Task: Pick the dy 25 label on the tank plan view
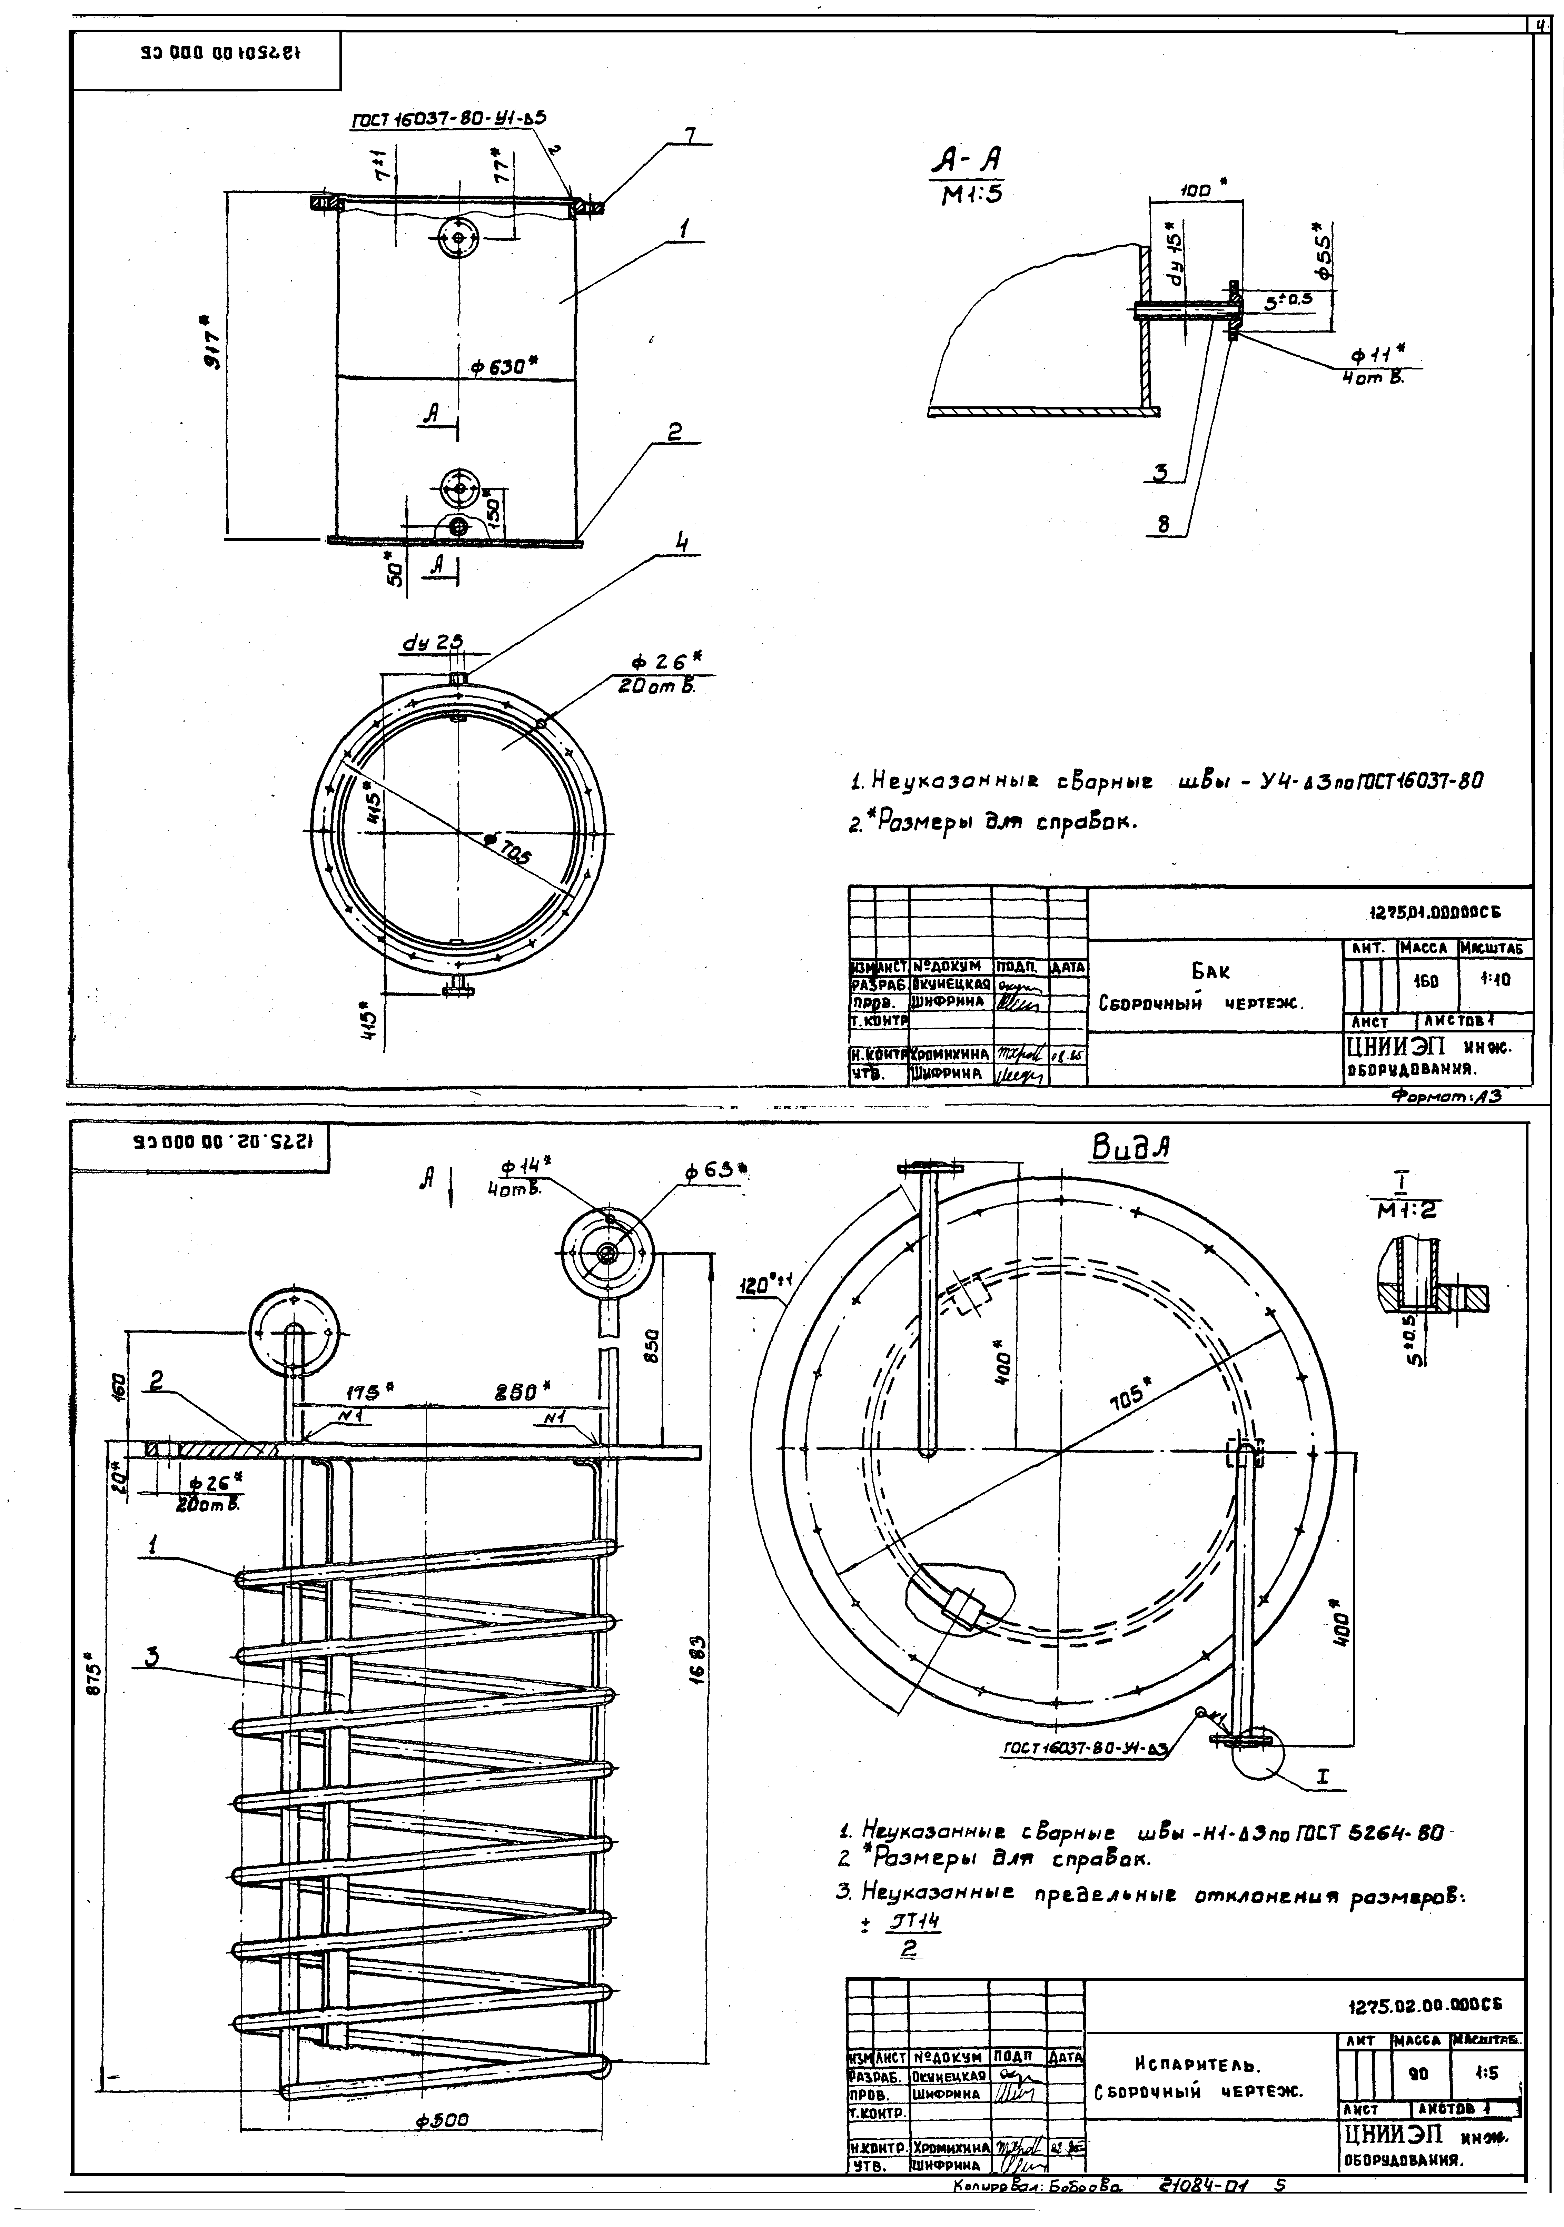[x=432, y=642]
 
